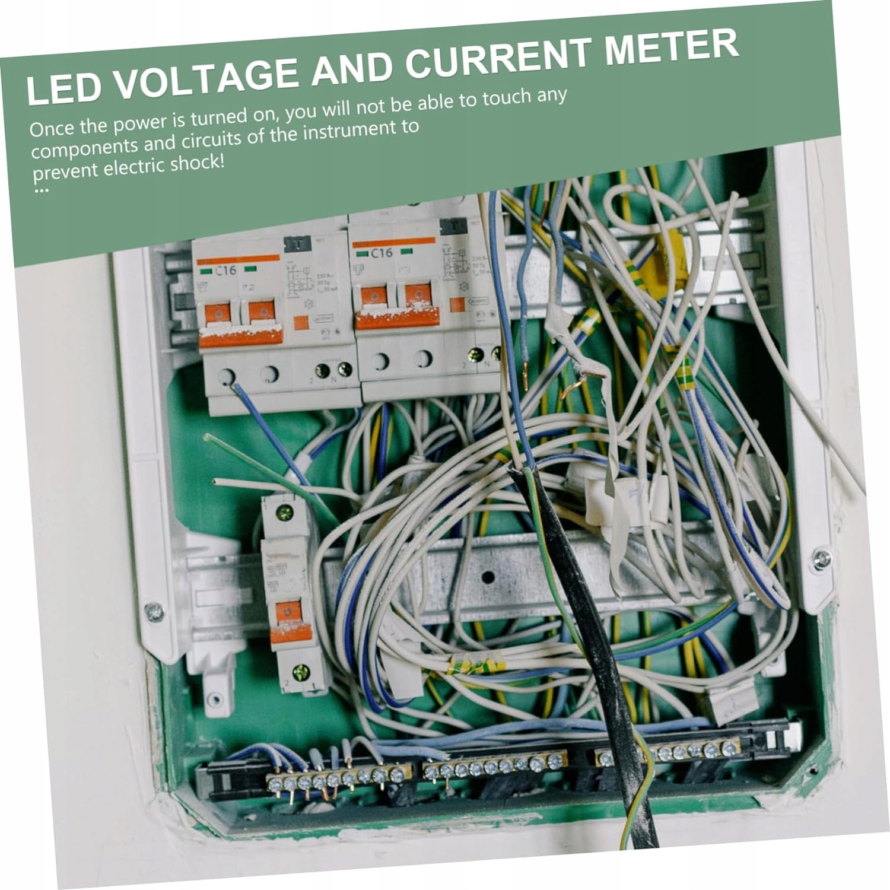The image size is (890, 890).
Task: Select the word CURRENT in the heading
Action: (x=501, y=58)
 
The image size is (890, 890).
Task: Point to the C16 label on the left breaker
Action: (x=225, y=271)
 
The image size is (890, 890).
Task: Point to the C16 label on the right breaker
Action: (x=382, y=252)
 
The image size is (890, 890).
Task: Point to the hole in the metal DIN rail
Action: (x=488, y=576)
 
